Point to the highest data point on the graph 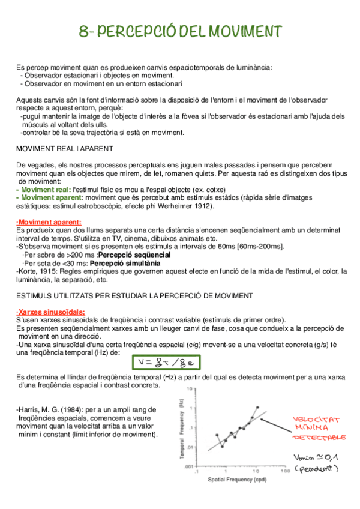pyautogui.click(x=258, y=407)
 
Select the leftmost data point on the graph pyautogui.click(x=217, y=435)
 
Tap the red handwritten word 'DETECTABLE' pyautogui.click(x=319, y=438)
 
